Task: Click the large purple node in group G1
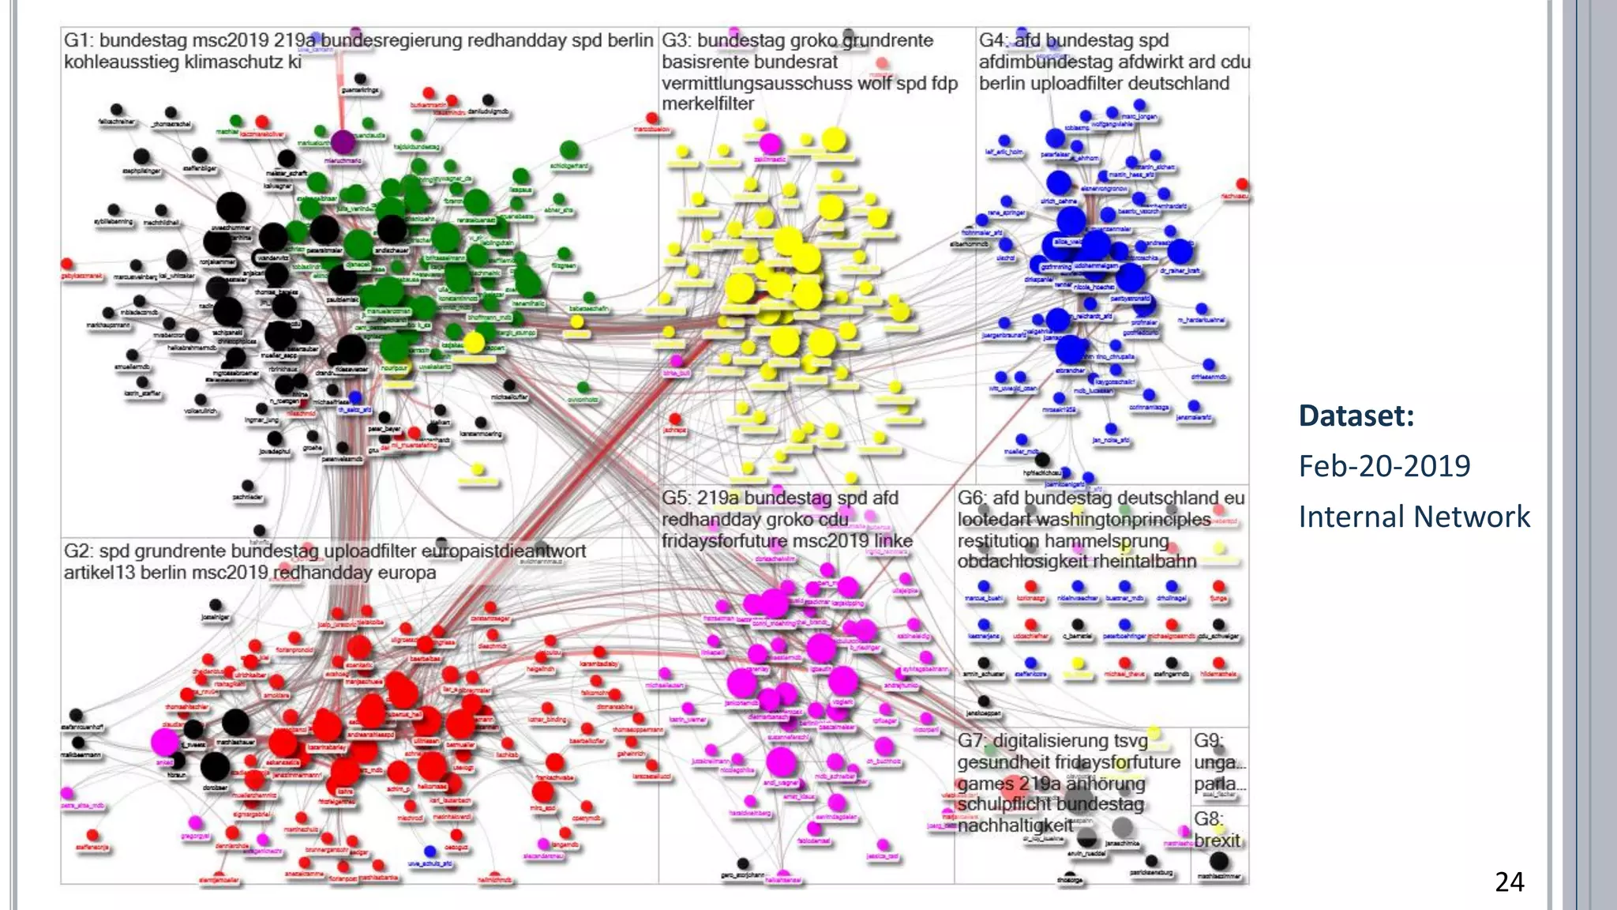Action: point(342,142)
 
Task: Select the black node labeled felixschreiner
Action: point(116,110)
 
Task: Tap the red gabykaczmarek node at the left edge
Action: point(67,264)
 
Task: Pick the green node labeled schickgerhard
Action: point(569,150)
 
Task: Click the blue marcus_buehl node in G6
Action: point(984,586)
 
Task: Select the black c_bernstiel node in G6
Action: point(1078,625)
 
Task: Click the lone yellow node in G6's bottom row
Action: point(1078,664)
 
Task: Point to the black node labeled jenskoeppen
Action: point(984,701)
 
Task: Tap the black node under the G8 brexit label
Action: point(1219,861)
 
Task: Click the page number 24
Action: point(1509,882)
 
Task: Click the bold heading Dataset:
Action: point(1356,416)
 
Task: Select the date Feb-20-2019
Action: point(1384,466)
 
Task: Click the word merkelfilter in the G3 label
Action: point(707,103)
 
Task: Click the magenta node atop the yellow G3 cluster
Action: point(770,144)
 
